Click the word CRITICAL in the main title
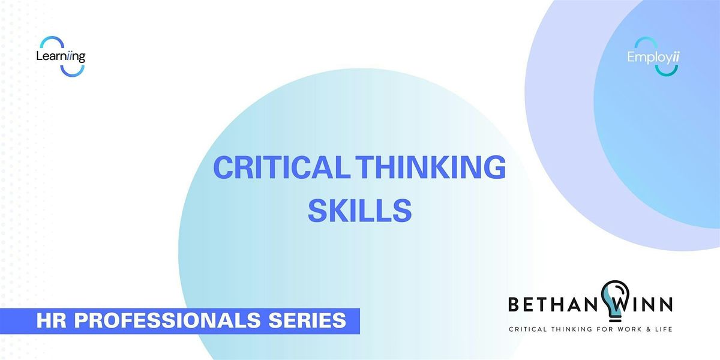(x=281, y=167)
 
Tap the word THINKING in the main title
(x=431, y=167)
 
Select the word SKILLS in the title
(x=359, y=211)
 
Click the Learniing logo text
(x=61, y=56)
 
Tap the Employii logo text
(x=653, y=57)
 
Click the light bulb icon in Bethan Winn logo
(x=615, y=301)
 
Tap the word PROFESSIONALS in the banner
(x=167, y=320)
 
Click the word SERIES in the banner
(x=307, y=320)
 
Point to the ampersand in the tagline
(x=646, y=329)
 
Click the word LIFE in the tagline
(x=662, y=329)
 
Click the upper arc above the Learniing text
(x=52, y=40)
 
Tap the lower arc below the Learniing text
(x=73, y=73)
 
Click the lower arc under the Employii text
(x=667, y=73)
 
